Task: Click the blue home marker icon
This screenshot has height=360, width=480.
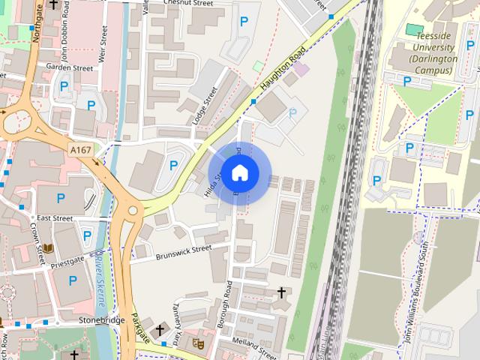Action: tap(239, 173)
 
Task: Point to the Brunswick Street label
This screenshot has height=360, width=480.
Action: tap(184, 253)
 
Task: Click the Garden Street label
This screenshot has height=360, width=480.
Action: tap(69, 67)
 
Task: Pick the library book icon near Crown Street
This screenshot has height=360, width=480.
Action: tap(48, 247)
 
